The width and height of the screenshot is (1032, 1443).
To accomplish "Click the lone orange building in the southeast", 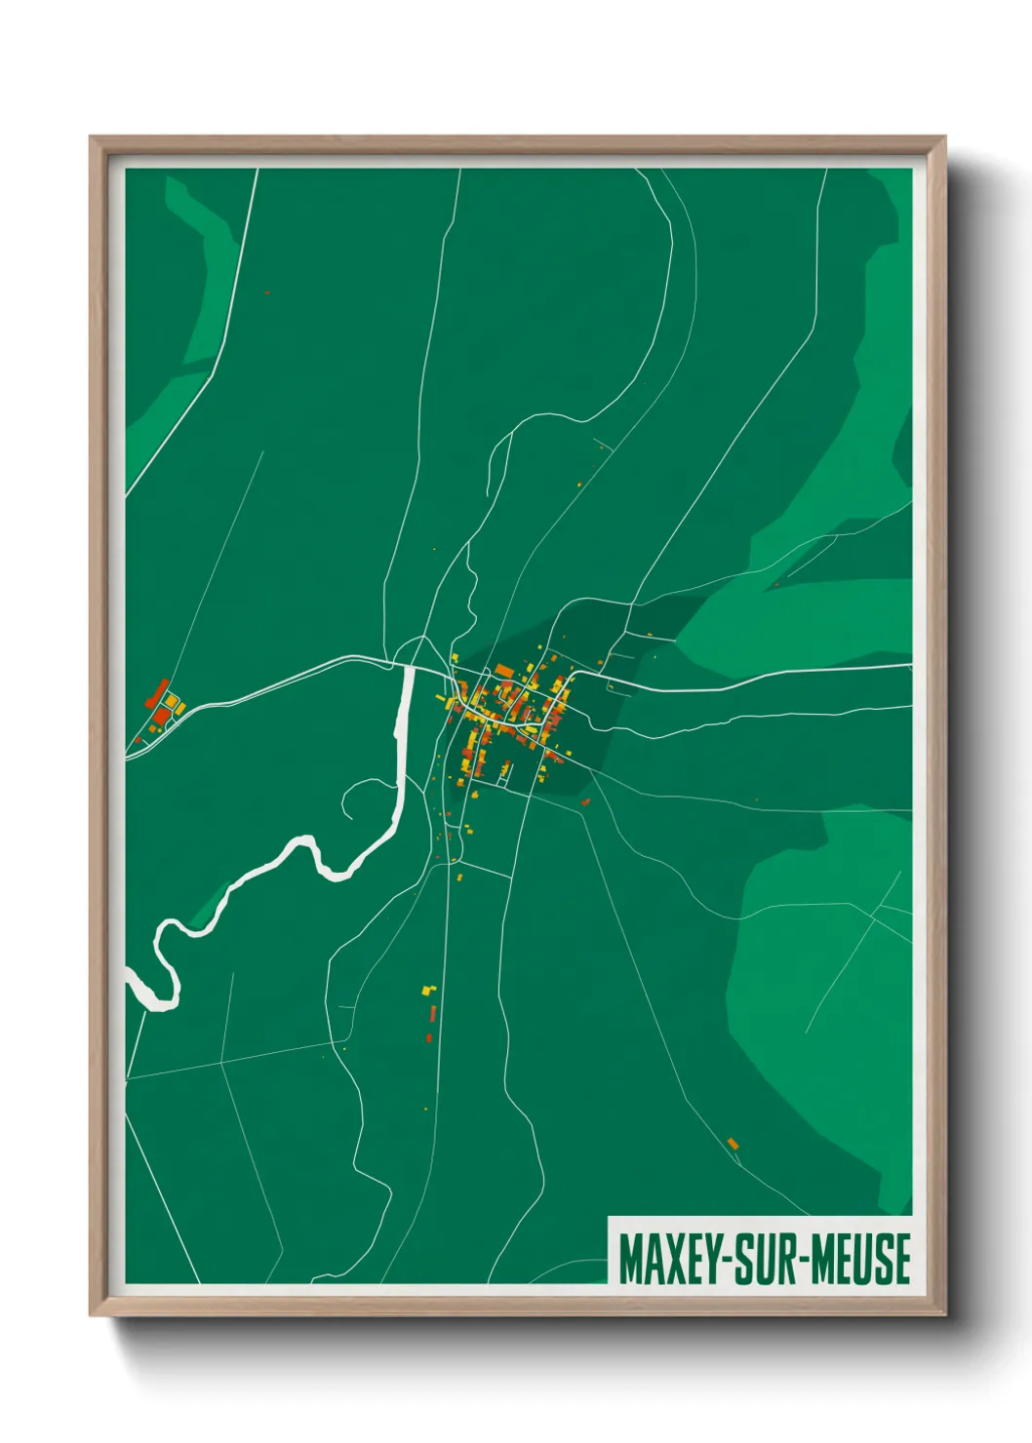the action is (x=733, y=1144).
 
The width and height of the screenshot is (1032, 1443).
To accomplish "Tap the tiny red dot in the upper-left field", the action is (x=266, y=292).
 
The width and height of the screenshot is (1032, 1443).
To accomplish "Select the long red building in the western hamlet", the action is (x=157, y=693).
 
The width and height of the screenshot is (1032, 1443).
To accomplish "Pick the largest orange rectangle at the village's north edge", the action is (x=504, y=670).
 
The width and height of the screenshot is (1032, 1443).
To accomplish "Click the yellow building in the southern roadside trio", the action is (x=426, y=991).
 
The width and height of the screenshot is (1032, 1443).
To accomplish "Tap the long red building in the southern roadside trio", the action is (x=432, y=1014).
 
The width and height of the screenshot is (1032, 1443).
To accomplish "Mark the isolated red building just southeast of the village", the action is (x=585, y=801).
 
